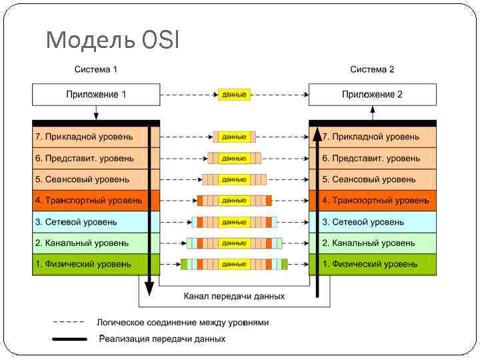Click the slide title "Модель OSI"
click(113, 41)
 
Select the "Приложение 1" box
click(96, 95)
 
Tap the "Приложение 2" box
click(372, 95)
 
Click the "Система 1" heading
click(95, 69)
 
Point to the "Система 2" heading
click(372, 69)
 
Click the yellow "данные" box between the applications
click(234, 95)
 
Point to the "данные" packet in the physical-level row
click(234, 265)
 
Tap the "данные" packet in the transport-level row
click(234, 201)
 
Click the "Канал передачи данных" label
click(234, 296)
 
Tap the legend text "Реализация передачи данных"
click(162, 339)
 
